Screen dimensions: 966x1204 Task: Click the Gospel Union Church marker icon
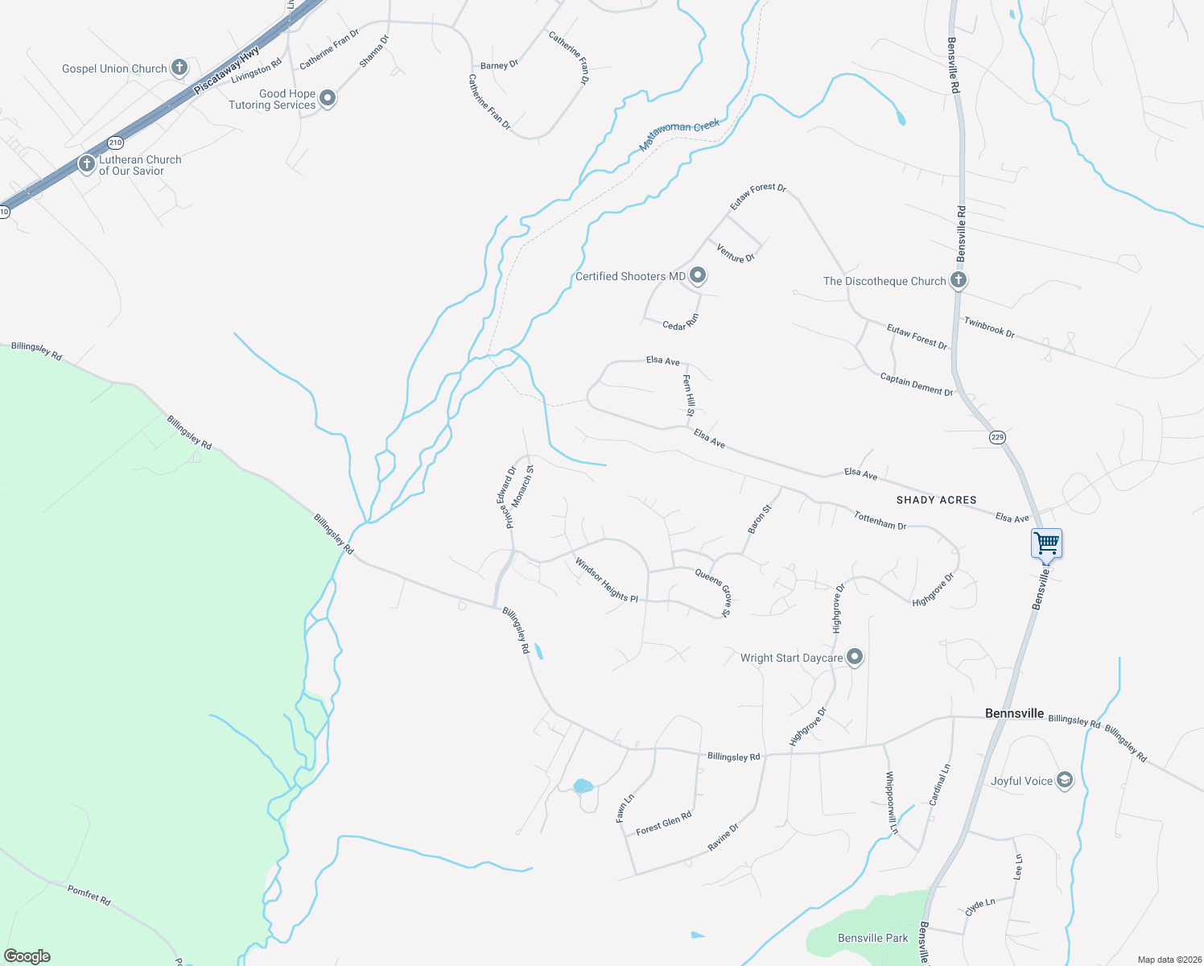(x=179, y=68)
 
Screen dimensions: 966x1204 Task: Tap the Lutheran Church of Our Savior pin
(x=86, y=164)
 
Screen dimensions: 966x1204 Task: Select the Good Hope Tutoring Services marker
(x=327, y=98)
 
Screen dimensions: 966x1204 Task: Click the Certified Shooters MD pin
(x=698, y=276)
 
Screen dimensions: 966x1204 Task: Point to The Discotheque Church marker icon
(x=958, y=280)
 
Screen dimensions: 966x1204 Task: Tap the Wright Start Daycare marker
(x=855, y=657)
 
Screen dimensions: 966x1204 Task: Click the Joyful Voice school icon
(x=1064, y=780)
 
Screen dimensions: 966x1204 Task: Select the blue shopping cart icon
(x=1046, y=543)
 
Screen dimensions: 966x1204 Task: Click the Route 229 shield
(x=997, y=437)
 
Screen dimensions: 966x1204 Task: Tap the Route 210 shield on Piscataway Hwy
(x=115, y=142)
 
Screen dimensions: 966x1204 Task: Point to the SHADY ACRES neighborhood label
(x=936, y=500)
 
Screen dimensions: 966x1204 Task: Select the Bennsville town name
(x=1014, y=713)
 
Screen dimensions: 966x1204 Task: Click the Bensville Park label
(x=872, y=938)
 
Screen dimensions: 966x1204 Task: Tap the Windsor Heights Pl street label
(x=606, y=580)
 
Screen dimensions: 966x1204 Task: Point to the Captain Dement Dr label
(x=916, y=384)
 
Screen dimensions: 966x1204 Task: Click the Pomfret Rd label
(x=89, y=894)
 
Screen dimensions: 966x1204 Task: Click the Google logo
(x=27, y=956)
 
